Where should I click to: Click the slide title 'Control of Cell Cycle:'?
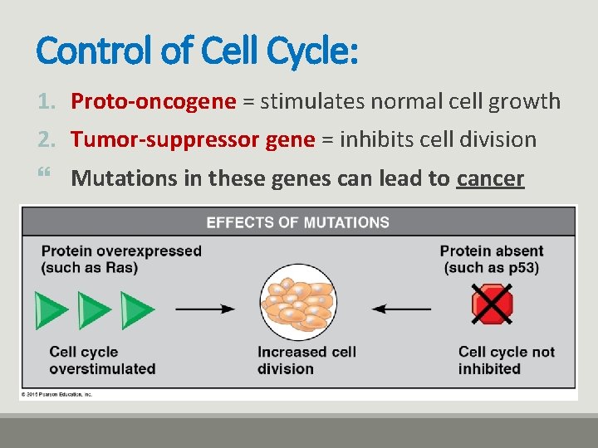click(x=198, y=51)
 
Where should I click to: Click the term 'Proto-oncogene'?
click(x=154, y=102)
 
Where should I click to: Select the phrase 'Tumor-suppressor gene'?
click(x=193, y=139)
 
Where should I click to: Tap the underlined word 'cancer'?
click(x=491, y=178)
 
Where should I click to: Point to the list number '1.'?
click(x=47, y=102)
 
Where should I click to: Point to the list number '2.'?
click(x=47, y=139)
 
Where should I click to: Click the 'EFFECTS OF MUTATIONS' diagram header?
click(x=297, y=222)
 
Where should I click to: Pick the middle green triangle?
click(x=94, y=310)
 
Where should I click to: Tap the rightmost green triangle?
click(x=137, y=310)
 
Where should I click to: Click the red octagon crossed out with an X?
click(x=492, y=304)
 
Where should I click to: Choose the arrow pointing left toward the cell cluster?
click(x=400, y=309)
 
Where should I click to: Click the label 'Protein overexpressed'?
click(x=121, y=251)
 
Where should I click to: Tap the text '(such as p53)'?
click(x=492, y=267)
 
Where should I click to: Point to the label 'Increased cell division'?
click(x=306, y=360)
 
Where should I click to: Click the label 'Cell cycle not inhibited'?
click(x=506, y=360)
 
